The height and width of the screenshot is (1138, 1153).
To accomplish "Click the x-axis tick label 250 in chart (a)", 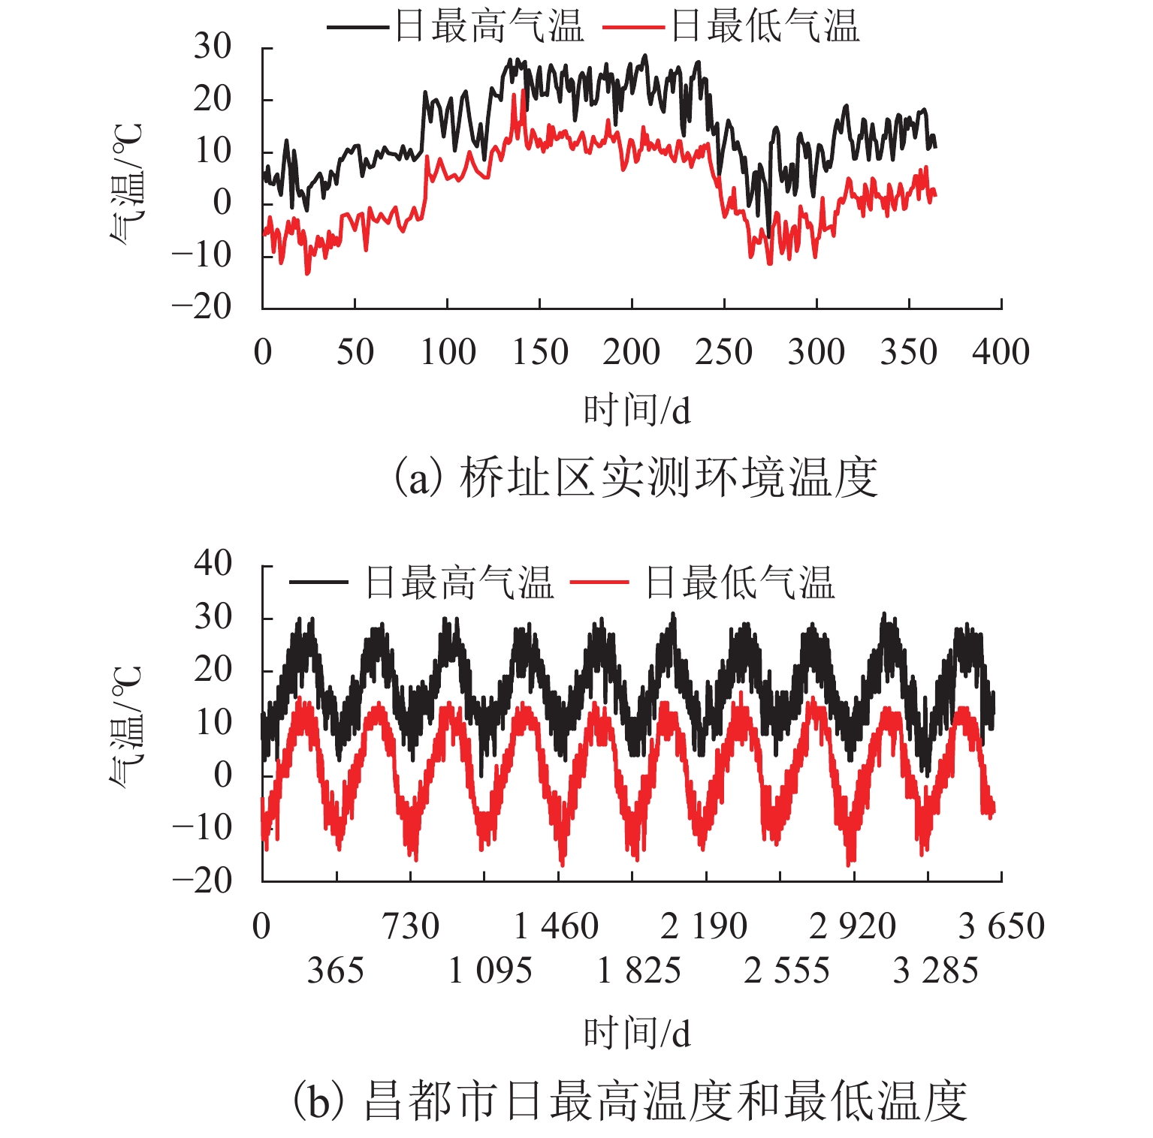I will coord(723,352).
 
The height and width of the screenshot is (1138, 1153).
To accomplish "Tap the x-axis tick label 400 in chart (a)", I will coord(1001,352).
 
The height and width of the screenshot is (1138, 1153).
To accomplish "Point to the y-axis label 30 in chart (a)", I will coord(213,47).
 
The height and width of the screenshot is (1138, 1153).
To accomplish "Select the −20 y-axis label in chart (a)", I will coord(201,306).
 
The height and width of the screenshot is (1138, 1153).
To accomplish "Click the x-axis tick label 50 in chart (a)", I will coord(355,352).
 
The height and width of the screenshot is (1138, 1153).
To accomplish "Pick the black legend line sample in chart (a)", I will coord(358,28).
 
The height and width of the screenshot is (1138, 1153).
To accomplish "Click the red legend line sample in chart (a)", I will coord(633,28).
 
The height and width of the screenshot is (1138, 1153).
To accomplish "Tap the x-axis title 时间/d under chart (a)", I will coord(637,411).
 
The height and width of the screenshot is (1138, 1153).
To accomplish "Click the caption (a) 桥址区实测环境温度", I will coord(636,477).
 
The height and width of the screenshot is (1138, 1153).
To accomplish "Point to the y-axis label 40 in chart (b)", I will coord(213,563).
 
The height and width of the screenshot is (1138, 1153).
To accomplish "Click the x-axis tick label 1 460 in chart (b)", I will coord(557,926).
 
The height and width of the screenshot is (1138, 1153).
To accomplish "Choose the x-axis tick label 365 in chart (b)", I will coord(335,971).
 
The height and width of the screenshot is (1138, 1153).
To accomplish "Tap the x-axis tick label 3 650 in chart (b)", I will coord(1001,926).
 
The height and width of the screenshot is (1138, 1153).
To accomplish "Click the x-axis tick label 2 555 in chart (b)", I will coord(786,971).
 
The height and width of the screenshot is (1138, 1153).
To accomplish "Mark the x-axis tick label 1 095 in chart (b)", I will coord(490,971).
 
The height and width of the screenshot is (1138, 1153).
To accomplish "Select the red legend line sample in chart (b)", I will coord(599,583).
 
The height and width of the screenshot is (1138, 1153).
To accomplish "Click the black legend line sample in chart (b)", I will coord(318,583).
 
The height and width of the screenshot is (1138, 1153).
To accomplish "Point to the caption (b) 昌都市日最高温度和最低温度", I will coord(629,1101).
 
